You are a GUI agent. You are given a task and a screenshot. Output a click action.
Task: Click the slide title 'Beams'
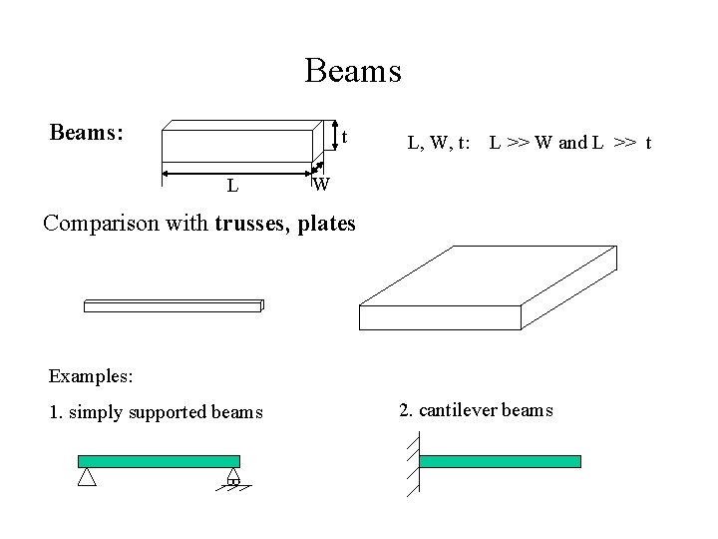[x=353, y=71]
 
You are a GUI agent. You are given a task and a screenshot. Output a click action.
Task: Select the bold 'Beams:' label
[x=87, y=132]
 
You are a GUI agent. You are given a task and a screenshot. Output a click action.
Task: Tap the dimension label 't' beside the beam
[x=343, y=136]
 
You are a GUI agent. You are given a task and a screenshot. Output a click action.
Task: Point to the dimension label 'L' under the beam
[x=231, y=185]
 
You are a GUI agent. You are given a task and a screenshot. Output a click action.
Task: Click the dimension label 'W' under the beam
[x=320, y=185]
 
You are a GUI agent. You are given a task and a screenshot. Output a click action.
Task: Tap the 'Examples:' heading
[x=90, y=377]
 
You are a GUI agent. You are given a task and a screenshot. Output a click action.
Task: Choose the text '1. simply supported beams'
[x=156, y=411]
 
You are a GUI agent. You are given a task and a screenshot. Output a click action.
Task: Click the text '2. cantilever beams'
[x=476, y=410]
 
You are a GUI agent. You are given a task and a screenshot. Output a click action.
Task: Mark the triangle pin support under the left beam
[x=87, y=477]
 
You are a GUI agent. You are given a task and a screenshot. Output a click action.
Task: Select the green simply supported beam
[x=160, y=460]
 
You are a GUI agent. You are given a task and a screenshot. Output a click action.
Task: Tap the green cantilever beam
[x=500, y=460]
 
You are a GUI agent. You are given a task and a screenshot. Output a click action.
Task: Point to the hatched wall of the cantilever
[x=413, y=464]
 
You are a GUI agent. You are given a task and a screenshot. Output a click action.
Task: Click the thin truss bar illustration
[x=173, y=305]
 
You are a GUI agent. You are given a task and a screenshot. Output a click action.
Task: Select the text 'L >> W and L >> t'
[x=569, y=143]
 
